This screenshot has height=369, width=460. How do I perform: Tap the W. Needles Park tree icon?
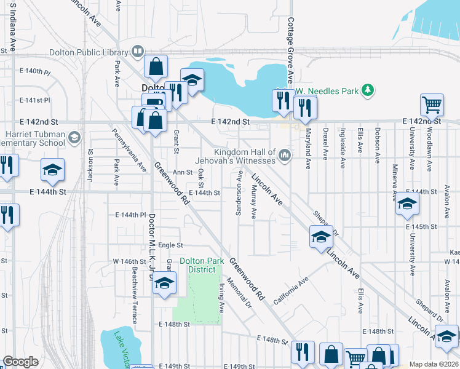(x=368, y=91)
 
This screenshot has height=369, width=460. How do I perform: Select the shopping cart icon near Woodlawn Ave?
(x=432, y=105)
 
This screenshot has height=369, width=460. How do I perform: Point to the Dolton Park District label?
(x=202, y=265)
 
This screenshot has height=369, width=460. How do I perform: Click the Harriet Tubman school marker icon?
(x=74, y=136)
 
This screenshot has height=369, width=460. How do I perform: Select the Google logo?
(x=20, y=362)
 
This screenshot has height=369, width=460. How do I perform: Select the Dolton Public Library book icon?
(x=139, y=52)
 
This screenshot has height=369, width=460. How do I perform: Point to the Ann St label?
(x=183, y=173)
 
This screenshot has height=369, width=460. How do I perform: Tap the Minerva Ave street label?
(x=394, y=182)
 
